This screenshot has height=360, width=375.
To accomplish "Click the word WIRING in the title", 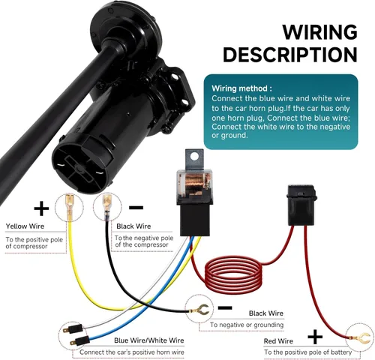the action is coord(319,31).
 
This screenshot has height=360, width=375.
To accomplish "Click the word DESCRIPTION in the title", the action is coord(290,55).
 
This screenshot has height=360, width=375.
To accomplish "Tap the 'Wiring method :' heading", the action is coord(241,88).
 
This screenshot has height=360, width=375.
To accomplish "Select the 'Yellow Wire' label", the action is coord(25,226).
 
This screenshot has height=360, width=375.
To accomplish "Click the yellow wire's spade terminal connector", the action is coord(69,206).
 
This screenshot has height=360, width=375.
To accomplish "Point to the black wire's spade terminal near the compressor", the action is coord(107,206).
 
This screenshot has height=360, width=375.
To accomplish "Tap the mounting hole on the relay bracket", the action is coord(194,157).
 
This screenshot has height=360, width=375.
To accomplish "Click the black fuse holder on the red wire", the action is coord(301,205).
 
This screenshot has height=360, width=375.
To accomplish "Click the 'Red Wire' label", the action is coord(278,341).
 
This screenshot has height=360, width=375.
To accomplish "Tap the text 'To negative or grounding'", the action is coord(247,325).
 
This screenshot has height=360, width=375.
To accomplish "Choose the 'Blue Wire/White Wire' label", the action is coord(149,340).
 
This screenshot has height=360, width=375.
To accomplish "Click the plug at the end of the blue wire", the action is coord(79,341).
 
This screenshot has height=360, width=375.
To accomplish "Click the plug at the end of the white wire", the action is coord(73,329).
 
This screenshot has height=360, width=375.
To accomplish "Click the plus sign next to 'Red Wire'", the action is coord(315,337).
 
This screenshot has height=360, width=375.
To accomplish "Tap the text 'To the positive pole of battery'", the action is coord(308,352).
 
